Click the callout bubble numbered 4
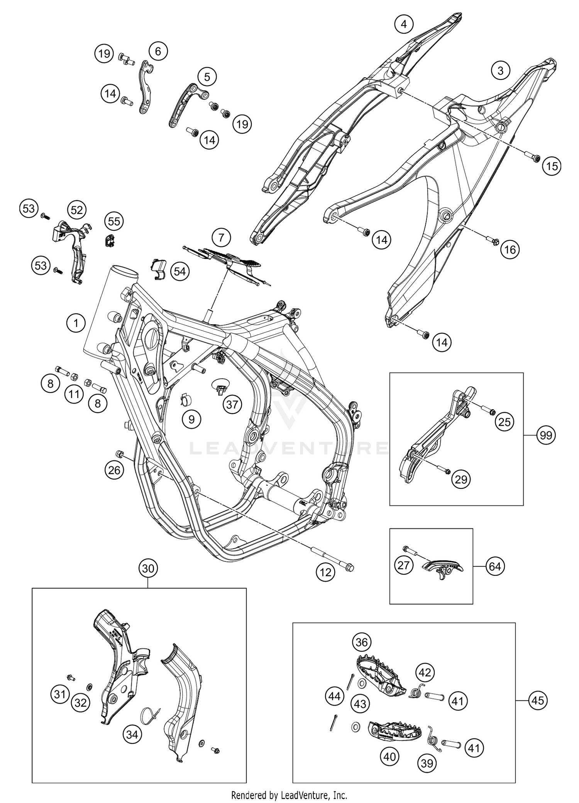404,24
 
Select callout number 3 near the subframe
501,71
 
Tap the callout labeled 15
552,166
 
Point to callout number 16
510,250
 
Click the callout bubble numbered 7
221,237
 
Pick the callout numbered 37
232,405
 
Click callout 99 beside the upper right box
546,436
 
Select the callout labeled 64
495,567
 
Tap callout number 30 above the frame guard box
148,568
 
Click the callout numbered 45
538,700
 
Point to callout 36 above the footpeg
362,642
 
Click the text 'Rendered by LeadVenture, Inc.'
289,795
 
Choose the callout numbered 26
114,470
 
